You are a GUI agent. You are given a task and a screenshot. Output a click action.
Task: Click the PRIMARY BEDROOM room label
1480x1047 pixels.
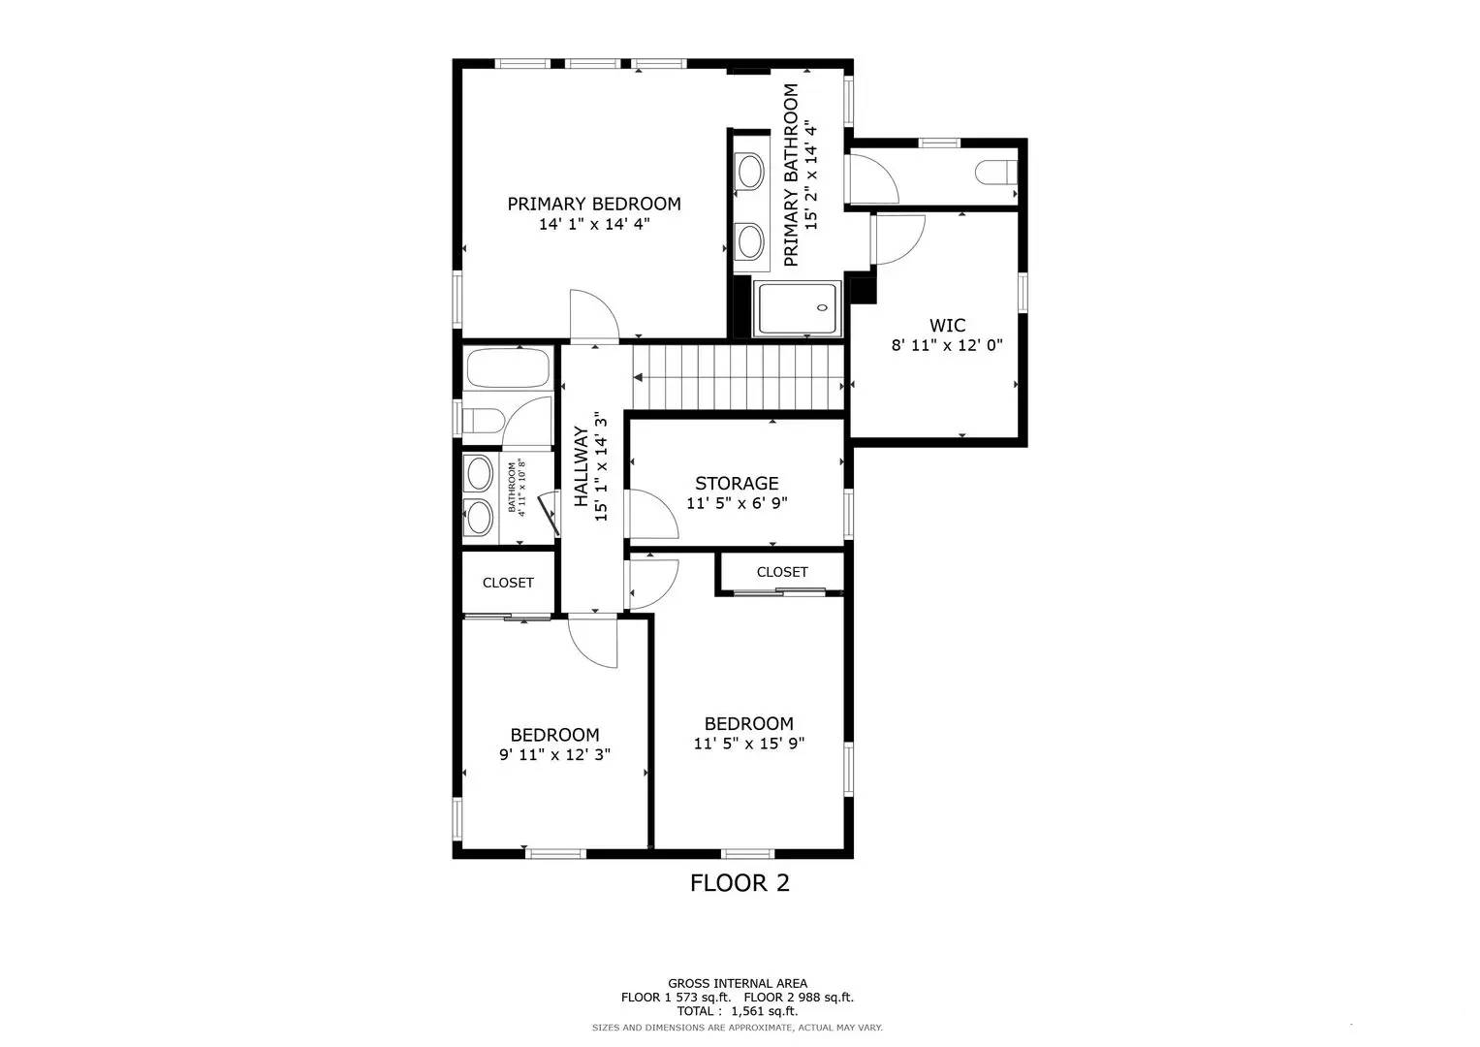(593, 204)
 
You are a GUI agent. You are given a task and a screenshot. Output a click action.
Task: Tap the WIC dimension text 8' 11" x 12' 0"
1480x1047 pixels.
(946, 345)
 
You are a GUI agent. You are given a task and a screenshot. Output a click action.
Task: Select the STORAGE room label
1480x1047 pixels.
(736, 483)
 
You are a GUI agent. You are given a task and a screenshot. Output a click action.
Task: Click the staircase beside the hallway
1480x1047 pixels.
(737, 379)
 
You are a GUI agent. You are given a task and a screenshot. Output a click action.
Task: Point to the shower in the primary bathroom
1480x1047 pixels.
(797, 309)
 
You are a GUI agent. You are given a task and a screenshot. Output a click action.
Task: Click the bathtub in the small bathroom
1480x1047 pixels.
(507, 368)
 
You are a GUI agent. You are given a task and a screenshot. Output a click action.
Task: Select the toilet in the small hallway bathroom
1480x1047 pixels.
(482, 421)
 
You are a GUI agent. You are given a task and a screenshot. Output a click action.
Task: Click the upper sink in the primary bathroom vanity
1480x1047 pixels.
(749, 173)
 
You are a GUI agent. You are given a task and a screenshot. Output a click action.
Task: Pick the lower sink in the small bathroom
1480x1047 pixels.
(479, 514)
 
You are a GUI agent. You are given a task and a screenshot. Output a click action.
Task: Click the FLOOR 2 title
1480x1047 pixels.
(740, 883)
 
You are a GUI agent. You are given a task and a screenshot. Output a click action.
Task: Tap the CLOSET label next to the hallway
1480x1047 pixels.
(508, 583)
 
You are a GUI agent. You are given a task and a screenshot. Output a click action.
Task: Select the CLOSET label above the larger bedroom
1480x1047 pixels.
(781, 572)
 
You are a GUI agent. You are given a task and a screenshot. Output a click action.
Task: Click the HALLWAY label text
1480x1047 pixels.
(582, 467)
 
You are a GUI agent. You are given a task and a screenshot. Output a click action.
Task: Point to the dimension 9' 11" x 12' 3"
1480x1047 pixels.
(554, 755)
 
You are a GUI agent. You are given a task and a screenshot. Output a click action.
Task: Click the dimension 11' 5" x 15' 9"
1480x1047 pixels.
(748, 744)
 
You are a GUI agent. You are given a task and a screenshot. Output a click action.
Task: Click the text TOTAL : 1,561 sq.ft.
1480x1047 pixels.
(737, 1011)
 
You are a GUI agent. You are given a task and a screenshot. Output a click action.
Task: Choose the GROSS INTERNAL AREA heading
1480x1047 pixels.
(737, 983)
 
